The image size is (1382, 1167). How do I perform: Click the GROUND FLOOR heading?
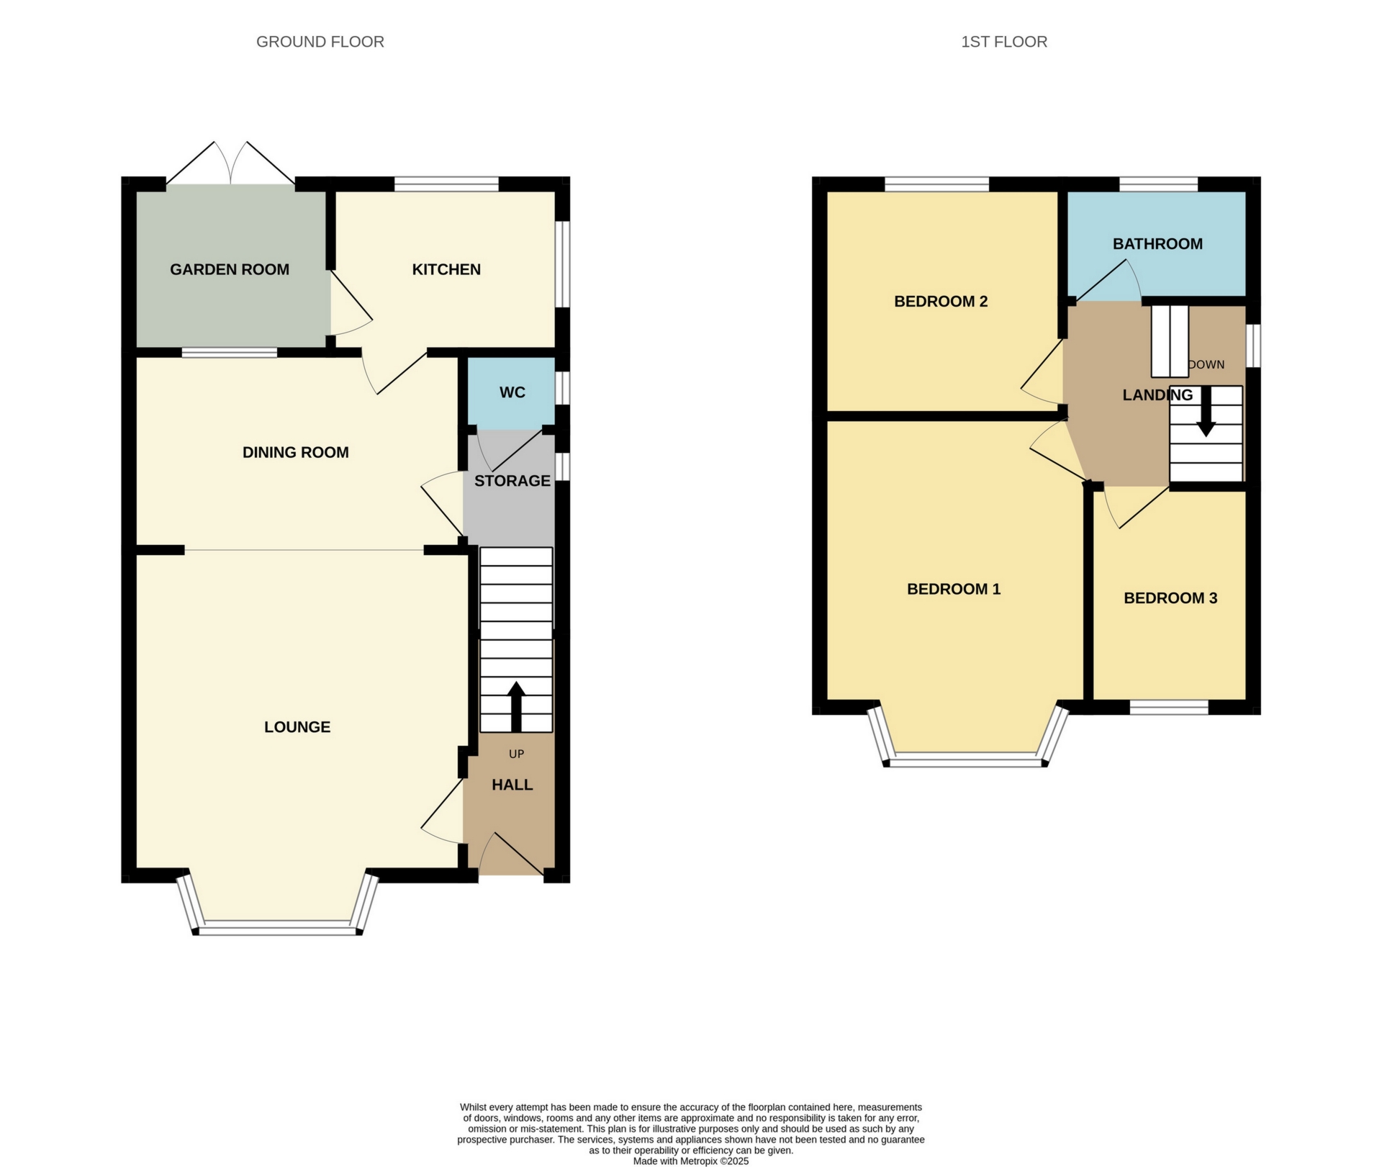pyautogui.click(x=320, y=42)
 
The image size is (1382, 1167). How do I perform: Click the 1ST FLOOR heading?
pyautogui.click(x=1003, y=42)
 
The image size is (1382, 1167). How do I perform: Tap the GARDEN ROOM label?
pyautogui.click(x=230, y=269)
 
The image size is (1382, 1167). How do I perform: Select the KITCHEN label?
pyautogui.click(x=446, y=269)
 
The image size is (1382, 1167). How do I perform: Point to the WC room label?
pyautogui.click(x=512, y=392)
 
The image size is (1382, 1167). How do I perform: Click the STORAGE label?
pyautogui.click(x=512, y=480)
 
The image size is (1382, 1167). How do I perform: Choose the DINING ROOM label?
pyautogui.click(x=295, y=452)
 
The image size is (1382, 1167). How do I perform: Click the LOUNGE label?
pyautogui.click(x=297, y=727)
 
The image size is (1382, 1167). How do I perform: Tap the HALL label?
pyautogui.click(x=512, y=785)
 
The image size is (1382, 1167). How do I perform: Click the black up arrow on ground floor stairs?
pyautogui.click(x=516, y=706)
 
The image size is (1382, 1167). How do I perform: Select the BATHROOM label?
pyautogui.click(x=1157, y=243)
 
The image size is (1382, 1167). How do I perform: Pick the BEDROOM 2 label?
pyautogui.click(x=940, y=301)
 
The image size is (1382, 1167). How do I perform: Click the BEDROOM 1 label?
pyautogui.click(x=953, y=589)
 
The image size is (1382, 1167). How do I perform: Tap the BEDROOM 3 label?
pyautogui.click(x=1170, y=598)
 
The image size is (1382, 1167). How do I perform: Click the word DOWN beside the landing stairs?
pyautogui.click(x=1206, y=364)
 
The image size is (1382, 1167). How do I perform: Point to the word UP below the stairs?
pyautogui.click(x=516, y=754)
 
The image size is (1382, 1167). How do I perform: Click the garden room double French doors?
pyautogui.click(x=230, y=164)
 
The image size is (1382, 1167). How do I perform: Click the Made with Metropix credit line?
pyautogui.click(x=690, y=1161)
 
